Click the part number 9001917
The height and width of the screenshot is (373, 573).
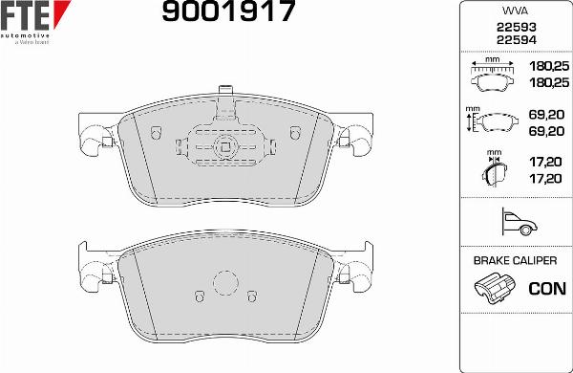pyautogui.click(x=228, y=11)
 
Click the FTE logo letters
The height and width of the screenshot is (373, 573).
pyautogui.click(x=25, y=15)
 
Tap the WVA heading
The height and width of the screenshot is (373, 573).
pyautogui.click(x=516, y=11)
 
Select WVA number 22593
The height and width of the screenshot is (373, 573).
pyautogui.click(x=516, y=27)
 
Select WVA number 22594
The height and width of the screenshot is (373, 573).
pyautogui.click(x=516, y=40)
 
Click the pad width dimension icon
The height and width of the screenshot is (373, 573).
pyautogui.click(x=492, y=74)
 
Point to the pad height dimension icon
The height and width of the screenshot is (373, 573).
pyautogui.click(x=492, y=121)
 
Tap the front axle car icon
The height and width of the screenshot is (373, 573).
pyautogui.click(x=520, y=222)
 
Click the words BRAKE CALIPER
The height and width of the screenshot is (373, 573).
pyautogui.click(x=515, y=261)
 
